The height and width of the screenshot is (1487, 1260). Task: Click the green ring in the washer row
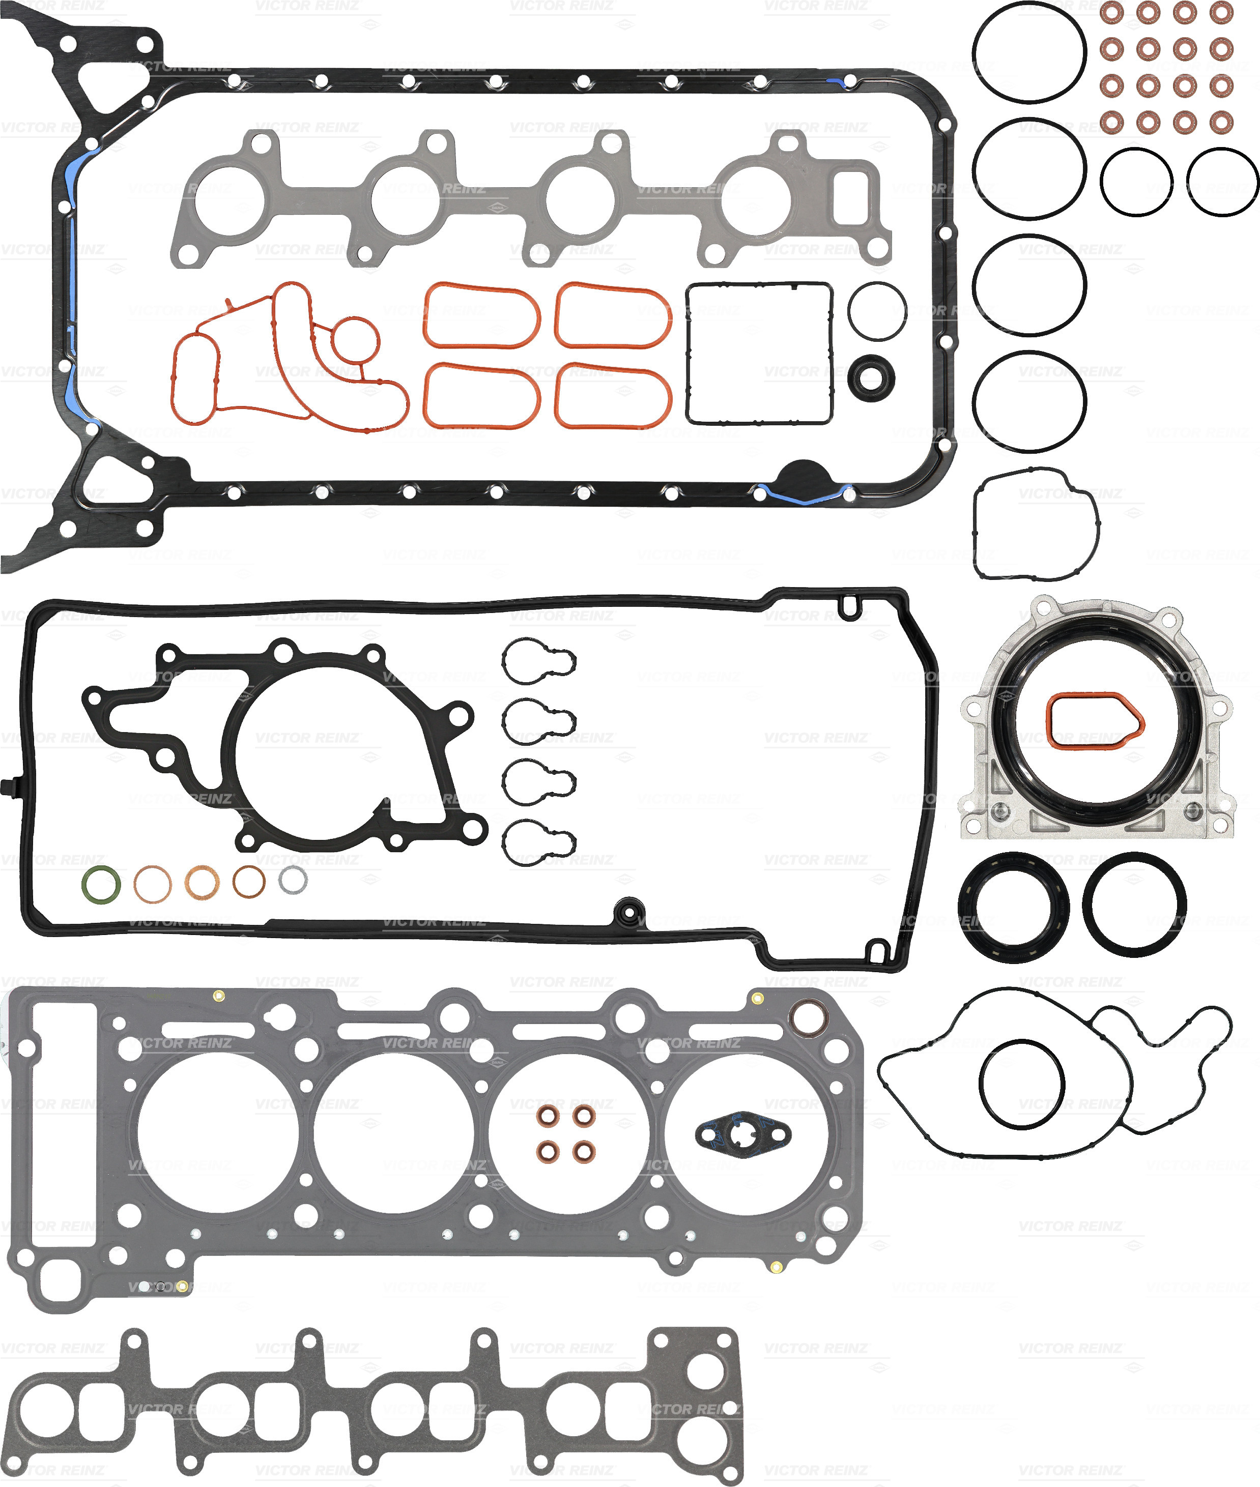[x=101, y=884]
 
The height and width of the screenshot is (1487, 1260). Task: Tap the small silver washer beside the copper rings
[x=293, y=880]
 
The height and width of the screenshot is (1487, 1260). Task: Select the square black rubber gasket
[x=759, y=353]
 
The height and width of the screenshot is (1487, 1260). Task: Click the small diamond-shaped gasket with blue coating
[x=743, y=1133]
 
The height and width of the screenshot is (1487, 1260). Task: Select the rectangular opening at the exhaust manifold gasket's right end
[x=850, y=197]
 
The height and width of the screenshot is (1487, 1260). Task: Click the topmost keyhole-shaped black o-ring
[x=538, y=660]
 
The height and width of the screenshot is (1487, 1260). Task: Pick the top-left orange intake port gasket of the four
[x=481, y=315]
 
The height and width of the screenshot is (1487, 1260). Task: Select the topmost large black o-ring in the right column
[x=1029, y=51]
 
